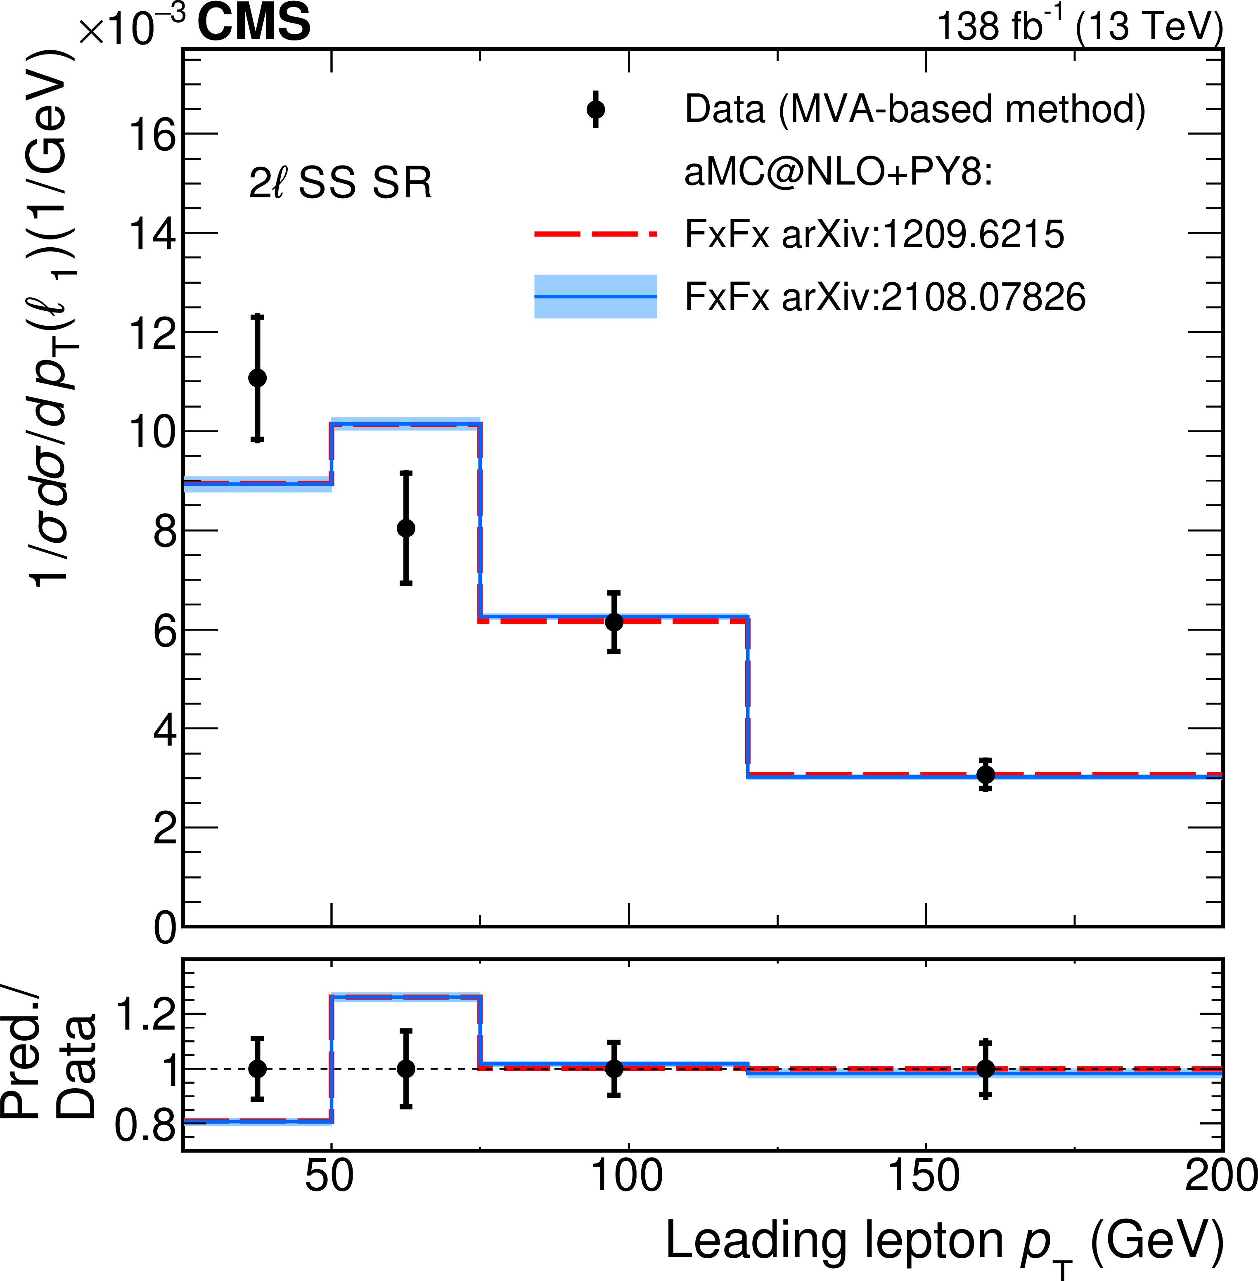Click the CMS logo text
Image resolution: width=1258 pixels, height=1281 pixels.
click(254, 22)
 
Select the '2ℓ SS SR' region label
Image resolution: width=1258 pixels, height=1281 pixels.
click(340, 183)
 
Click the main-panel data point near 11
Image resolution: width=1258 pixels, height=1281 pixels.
click(257, 378)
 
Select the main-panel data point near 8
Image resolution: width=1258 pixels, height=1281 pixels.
click(406, 528)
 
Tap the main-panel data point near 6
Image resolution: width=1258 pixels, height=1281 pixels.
click(614, 622)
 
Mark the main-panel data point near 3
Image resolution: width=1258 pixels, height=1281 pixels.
click(985, 774)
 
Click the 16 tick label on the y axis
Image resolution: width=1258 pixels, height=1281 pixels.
click(153, 135)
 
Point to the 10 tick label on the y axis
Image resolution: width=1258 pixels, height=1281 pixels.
click(153, 433)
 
